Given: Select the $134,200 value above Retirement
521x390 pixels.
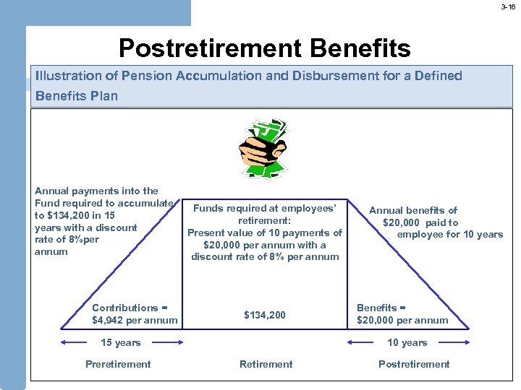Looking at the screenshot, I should click(x=265, y=315).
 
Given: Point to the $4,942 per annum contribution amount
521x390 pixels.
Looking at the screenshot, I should click(x=135, y=320).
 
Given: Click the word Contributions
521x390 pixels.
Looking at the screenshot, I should click(x=125, y=308).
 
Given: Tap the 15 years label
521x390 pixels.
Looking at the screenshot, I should click(x=121, y=342).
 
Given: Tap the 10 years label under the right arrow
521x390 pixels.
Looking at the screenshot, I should click(x=407, y=342).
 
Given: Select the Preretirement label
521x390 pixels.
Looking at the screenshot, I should click(x=118, y=364).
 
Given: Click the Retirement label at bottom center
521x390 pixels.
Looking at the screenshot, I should click(x=266, y=364).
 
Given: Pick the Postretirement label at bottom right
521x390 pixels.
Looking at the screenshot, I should click(x=414, y=364).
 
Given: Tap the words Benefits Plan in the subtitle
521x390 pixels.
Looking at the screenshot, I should click(x=77, y=96).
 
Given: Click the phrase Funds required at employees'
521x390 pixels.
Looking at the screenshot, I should click(x=265, y=208).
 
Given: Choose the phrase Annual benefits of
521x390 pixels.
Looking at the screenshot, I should click(x=413, y=210).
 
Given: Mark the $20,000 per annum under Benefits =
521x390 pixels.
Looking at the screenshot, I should click(x=402, y=320).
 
